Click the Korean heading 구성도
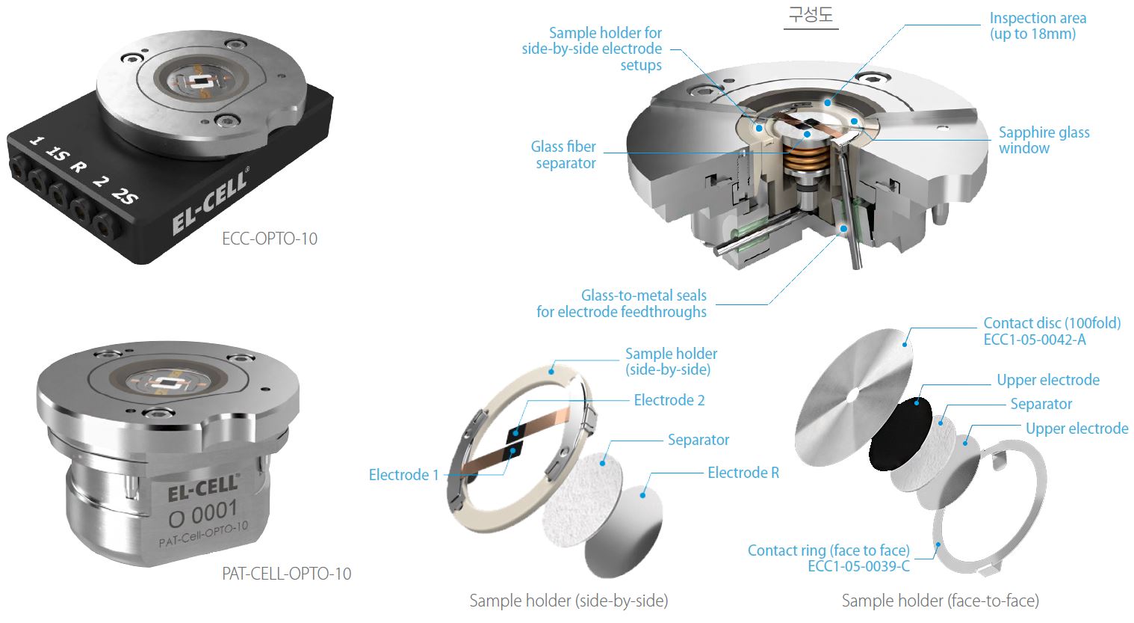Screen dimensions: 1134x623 pos(811,14)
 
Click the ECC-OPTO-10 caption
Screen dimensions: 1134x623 pos(270,239)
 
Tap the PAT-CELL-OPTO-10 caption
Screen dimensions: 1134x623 pos(287,574)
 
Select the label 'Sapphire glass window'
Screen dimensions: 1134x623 pos(1044,140)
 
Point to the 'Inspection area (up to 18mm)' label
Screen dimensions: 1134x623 pos(1038,26)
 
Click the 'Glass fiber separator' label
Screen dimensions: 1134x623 pos(563,155)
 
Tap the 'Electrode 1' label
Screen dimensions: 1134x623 pos(403,475)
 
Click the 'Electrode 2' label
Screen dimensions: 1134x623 pos(669,400)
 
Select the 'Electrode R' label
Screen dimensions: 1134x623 pos(743,473)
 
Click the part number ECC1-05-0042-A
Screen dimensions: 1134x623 pos(1035,340)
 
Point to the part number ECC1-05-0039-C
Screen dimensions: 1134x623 pos(858,566)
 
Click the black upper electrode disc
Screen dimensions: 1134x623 pos(901,434)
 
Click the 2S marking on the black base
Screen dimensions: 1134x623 pos(125,196)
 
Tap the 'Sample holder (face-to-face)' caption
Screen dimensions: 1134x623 pos(940,601)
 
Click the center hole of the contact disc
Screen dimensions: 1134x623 pos(853,396)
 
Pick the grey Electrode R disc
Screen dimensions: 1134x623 pos(624,531)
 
